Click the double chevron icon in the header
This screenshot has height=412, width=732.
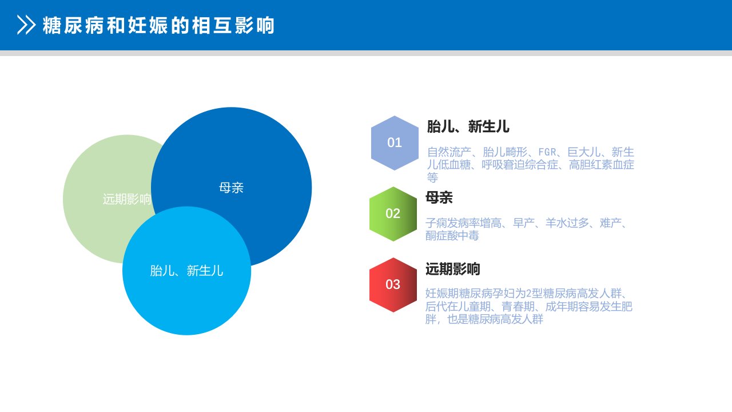[x=26, y=25]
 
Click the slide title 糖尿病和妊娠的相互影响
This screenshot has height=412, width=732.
[x=158, y=25]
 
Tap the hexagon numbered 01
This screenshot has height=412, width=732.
[x=395, y=143]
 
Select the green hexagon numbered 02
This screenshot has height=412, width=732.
[x=393, y=214]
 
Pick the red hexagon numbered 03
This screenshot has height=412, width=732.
[x=393, y=285]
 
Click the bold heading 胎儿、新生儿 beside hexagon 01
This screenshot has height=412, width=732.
[x=468, y=126]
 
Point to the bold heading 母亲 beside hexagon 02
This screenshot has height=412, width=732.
[x=439, y=197]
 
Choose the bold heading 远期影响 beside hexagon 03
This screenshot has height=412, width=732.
[x=452, y=269]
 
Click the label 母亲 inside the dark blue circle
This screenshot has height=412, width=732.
[x=232, y=188]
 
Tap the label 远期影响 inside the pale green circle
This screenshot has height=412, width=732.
[x=127, y=199]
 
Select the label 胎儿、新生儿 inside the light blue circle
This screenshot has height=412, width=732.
[x=186, y=271]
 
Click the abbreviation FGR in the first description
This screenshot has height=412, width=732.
[x=547, y=152]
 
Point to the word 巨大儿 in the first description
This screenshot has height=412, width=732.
[x=584, y=152]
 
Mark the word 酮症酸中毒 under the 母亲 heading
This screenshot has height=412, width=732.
[x=452, y=235]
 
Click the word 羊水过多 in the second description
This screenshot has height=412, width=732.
[x=567, y=223]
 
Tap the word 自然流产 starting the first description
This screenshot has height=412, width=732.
[x=449, y=152]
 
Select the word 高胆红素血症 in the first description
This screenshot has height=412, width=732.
[x=601, y=164]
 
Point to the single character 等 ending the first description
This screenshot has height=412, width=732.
[x=433, y=177]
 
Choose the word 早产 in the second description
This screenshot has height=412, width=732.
[x=523, y=223]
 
